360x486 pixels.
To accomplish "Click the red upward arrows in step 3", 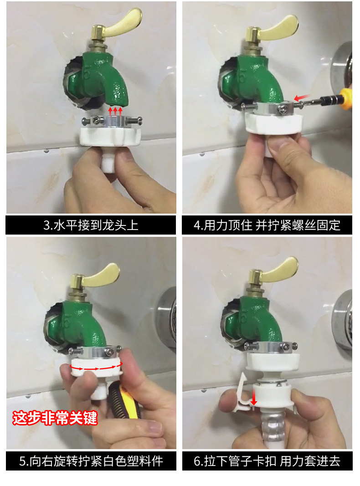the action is pyautogui.click(x=115, y=111).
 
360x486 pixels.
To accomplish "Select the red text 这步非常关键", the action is pyautogui.click(x=55, y=418).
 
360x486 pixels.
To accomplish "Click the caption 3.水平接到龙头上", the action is pyautogui.click(x=91, y=225).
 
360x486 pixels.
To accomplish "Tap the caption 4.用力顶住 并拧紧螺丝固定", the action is pyautogui.click(x=267, y=225).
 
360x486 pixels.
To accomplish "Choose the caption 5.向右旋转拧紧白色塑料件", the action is pyautogui.click(x=91, y=461).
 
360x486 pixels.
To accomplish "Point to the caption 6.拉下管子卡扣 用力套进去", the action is pyautogui.click(x=267, y=461).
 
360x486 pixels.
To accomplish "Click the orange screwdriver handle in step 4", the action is pyautogui.click(x=346, y=99).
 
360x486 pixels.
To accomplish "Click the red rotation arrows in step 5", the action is pyautogui.click(x=97, y=367).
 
